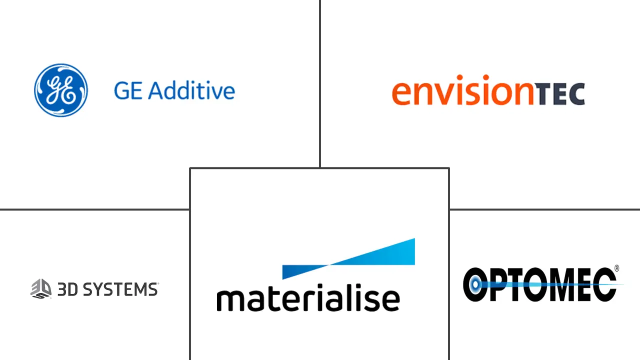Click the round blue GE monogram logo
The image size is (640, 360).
pyautogui.click(x=61, y=90)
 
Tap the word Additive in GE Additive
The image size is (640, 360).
pyautogui.click(x=191, y=90)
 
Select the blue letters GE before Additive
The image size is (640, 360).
pyautogui.click(x=128, y=90)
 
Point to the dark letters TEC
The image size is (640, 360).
pyautogui.click(x=559, y=94)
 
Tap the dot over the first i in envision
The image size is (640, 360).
pyautogui.click(x=459, y=77)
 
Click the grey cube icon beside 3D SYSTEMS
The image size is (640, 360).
pyautogui.click(x=41, y=289)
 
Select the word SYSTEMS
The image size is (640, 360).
pyautogui.click(x=120, y=289)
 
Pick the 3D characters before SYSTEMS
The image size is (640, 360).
pyautogui.click(x=67, y=289)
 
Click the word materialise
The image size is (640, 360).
pyautogui.click(x=308, y=297)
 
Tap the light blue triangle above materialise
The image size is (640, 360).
pyautogui.click(x=371, y=251)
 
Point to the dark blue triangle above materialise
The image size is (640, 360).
pyautogui.click(x=305, y=272)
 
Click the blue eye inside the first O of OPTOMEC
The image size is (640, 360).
pyautogui.click(x=475, y=284)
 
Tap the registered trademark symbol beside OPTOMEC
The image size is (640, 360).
pyautogui.click(x=616, y=268)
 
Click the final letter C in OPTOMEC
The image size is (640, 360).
pyautogui.click(x=604, y=284)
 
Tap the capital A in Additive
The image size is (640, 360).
pyautogui.click(x=156, y=90)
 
